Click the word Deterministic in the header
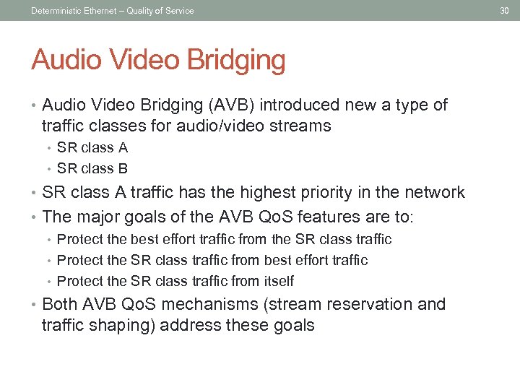56,10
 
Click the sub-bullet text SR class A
92,148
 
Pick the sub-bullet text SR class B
92,169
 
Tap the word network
434,193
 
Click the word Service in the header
179,10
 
